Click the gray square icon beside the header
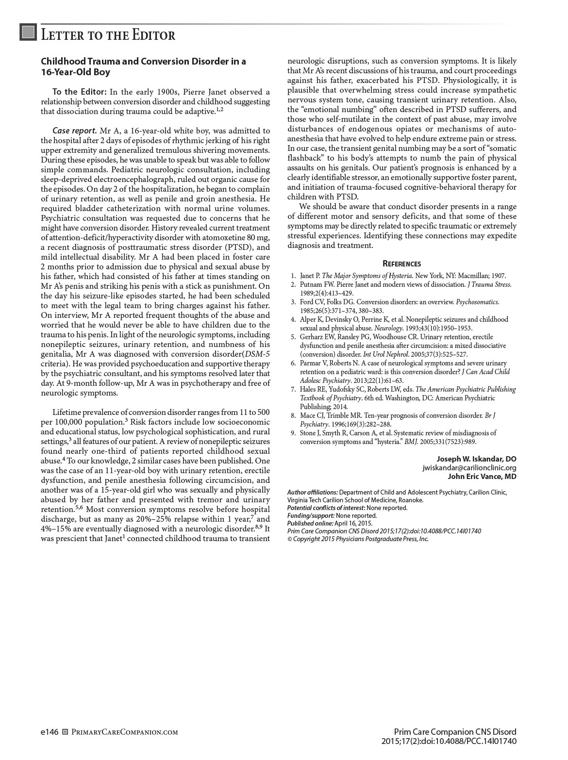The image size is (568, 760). click(28, 33)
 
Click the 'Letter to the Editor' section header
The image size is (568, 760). click(108, 35)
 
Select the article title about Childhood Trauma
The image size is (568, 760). click(143, 67)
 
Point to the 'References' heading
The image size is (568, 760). click(401, 264)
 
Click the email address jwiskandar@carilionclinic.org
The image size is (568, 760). click(469, 468)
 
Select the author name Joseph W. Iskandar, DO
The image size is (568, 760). click(476, 459)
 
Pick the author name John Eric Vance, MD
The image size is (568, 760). click(482, 477)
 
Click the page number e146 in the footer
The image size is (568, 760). click(50, 732)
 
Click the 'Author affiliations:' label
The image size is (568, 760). click(312, 492)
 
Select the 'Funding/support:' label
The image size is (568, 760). click(311, 515)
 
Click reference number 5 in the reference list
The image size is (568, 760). click(293, 337)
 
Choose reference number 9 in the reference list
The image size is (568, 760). click(293, 433)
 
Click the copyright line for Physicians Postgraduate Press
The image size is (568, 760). click(358, 539)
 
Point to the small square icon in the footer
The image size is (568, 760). click(65, 732)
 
